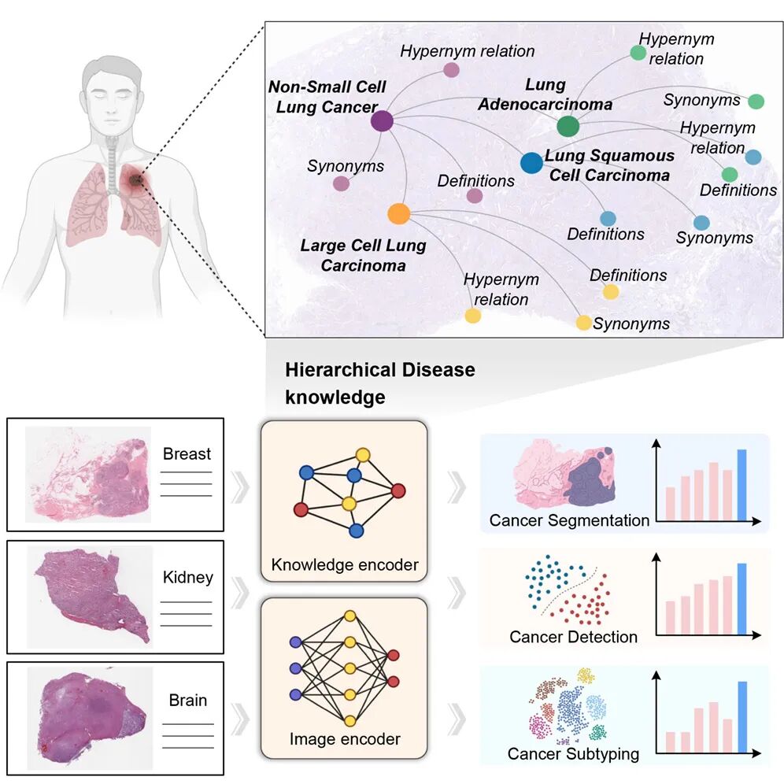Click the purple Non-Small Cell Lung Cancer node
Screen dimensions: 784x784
[382, 120]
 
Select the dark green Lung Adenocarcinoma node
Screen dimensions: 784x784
[568, 126]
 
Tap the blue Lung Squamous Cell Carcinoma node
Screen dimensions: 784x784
[531, 163]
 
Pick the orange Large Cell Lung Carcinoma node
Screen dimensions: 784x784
[398, 213]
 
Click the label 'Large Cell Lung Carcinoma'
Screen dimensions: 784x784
[363, 255]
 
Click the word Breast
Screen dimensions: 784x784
[187, 453]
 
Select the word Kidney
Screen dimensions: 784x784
[187, 577]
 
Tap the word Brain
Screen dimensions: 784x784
[188, 700]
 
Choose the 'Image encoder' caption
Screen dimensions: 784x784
[345, 739]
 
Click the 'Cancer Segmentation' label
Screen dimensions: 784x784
[569, 520]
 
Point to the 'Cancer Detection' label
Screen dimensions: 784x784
[573, 636]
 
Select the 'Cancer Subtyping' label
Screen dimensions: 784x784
[572, 754]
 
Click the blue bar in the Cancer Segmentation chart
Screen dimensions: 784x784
[741, 484]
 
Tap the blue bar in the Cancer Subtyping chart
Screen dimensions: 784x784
[741, 716]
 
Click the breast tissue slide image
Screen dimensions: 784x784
[88, 474]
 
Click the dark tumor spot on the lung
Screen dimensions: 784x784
[136, 183]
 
